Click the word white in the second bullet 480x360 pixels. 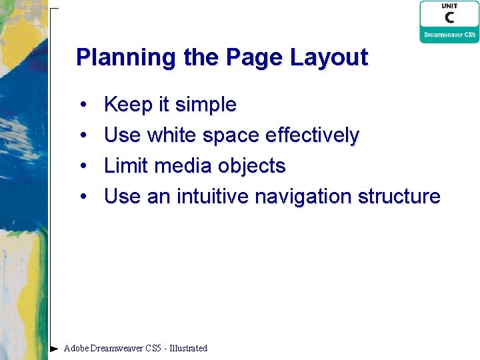tap(172, 135)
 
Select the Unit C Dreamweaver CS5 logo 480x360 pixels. tap(449, 21)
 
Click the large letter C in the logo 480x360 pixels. tap(450, 18)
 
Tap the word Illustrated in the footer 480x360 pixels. tap(188, 348)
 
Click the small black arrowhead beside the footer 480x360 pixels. tap(54, 348)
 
